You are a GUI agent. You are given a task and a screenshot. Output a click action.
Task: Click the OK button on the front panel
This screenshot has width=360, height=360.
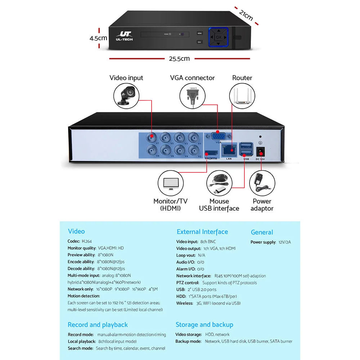219,37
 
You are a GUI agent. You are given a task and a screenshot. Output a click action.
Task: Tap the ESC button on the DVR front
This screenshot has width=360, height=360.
199,42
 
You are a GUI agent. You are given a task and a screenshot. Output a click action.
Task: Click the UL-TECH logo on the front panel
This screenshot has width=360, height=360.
124,36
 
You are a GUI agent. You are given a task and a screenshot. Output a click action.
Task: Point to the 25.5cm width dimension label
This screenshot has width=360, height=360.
179,59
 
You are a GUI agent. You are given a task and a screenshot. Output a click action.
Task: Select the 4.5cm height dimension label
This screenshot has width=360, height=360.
98,38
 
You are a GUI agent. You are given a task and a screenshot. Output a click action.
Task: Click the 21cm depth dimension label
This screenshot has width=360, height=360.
246,15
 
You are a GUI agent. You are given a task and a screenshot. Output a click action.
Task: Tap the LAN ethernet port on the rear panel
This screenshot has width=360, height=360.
229,150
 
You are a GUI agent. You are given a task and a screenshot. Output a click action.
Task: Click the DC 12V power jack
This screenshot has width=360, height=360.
260,151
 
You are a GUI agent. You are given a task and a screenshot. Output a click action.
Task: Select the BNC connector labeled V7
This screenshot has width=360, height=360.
152,137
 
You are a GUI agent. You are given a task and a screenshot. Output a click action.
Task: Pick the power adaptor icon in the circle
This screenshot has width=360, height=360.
262,183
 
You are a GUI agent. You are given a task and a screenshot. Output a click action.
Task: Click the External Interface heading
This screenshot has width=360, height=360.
202,232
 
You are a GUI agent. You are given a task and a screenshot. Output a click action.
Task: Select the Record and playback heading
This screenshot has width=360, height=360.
98,325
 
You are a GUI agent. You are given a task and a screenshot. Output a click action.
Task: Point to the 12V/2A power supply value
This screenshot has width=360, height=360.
284,242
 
